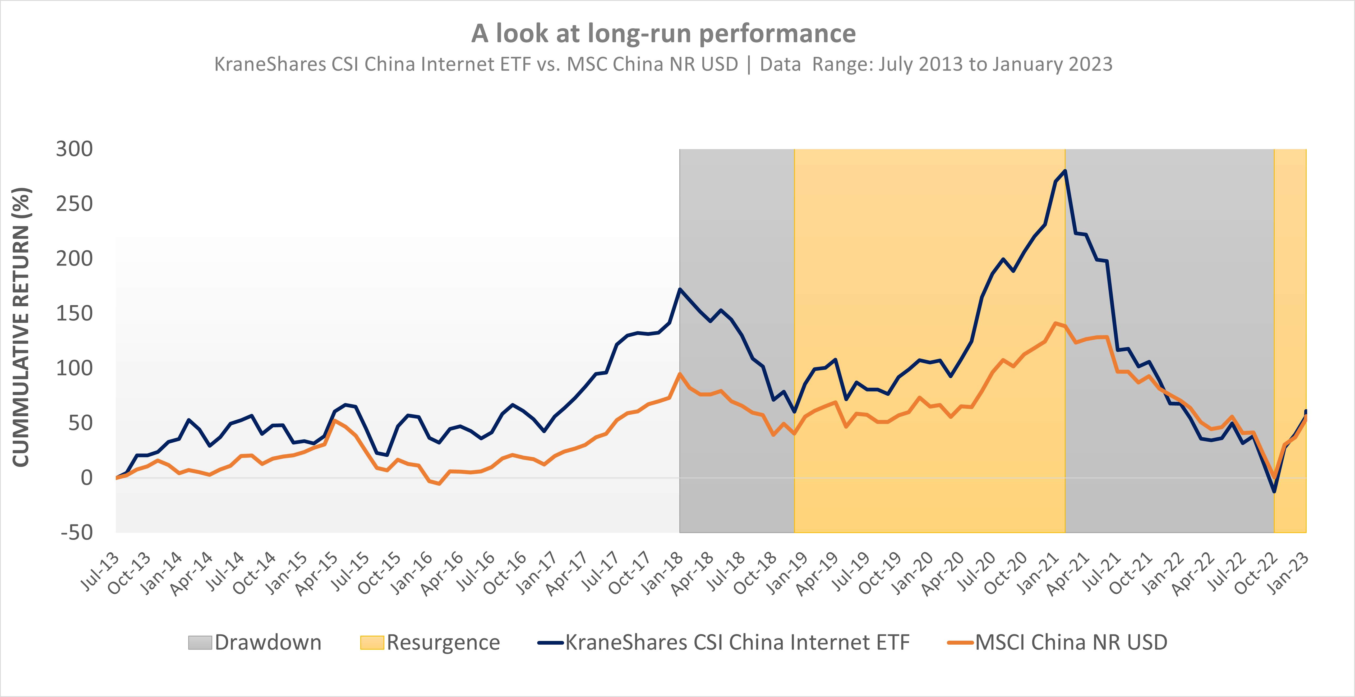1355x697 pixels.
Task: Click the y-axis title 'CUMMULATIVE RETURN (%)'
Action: point(21,327)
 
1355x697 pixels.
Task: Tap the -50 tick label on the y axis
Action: point(77,532)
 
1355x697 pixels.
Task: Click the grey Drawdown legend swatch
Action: point(200,642)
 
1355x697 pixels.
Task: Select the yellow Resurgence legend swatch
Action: point(372,642)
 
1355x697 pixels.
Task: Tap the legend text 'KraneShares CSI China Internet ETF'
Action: point(737,642)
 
